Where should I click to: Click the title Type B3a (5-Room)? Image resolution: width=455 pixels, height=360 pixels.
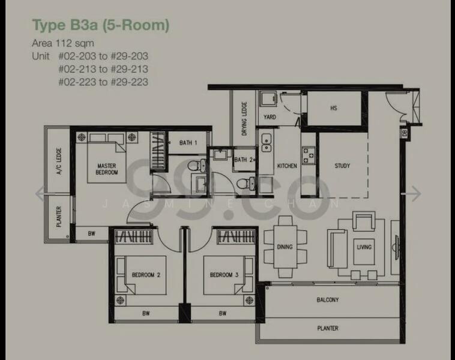(x=100, y=25)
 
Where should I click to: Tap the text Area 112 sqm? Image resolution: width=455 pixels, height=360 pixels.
(x=63, y=43)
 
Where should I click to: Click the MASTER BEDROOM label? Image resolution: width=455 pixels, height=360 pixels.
(x=107, y=169)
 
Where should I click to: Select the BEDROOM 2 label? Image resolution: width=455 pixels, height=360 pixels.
(x=146, y=275)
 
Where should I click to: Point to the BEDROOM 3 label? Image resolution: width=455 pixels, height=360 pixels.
(x=224, y=275)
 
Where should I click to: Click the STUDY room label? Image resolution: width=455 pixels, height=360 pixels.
(x=342, y=166)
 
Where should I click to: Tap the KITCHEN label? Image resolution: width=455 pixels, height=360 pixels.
(x=287, y=166)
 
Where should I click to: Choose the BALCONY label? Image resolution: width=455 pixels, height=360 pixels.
(x=328, y=299)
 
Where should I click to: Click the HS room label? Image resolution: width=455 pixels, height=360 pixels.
(x=334, y=108)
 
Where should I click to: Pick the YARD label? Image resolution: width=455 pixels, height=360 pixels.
(x=270, y=117)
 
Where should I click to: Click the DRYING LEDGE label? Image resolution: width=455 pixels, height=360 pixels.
(x=244, y=119)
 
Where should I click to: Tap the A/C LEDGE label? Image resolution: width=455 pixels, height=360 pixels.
(x=59, y=161)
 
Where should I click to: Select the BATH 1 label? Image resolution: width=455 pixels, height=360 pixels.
(x=188, y=143)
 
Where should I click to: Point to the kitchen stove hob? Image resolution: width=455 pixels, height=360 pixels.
(x=308, y=155)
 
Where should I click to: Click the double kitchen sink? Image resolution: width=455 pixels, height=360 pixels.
(x=267, y=143)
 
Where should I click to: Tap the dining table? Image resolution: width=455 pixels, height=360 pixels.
(x=285, y=247)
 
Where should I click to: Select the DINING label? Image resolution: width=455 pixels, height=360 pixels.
(x=285, y=247)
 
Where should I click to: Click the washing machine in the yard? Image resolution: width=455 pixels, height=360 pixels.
(x=268, y=99)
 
